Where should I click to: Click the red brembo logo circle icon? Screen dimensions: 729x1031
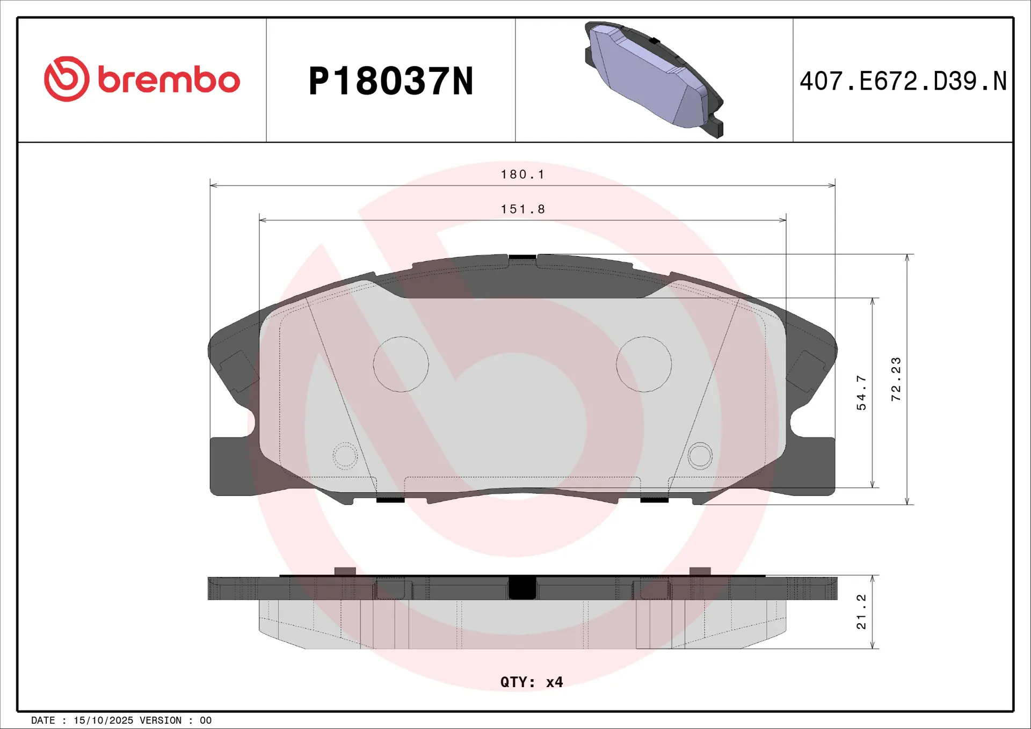coord(67,79)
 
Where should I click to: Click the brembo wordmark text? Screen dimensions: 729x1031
coord(169,81)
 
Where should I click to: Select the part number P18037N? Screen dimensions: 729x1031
coord(390,82)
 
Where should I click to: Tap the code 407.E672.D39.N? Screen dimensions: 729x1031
coord(903,82)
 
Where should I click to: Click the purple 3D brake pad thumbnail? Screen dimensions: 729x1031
coord(654,79)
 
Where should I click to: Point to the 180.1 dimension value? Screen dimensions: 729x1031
coord(522,174)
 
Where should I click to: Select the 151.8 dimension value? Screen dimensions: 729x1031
coord(522,209)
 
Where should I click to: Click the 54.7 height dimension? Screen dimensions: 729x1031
coord(861,393)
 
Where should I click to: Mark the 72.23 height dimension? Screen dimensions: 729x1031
coord(896,379)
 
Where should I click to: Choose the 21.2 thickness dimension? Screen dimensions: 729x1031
coord(861,611)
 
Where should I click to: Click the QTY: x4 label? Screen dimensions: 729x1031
coord(531,682)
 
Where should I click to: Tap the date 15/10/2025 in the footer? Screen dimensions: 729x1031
coord(103,720)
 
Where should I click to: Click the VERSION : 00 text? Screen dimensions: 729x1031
coord(176,720)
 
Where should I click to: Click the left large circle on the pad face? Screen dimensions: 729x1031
coord(401,364)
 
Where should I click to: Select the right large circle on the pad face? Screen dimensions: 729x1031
coord(643,364)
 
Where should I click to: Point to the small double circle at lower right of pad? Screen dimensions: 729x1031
coord(700,456)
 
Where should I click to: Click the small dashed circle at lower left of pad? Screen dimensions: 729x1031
coord(345,456)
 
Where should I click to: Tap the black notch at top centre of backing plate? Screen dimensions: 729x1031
coord(522,257)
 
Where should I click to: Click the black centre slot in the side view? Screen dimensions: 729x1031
coord(522,588)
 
